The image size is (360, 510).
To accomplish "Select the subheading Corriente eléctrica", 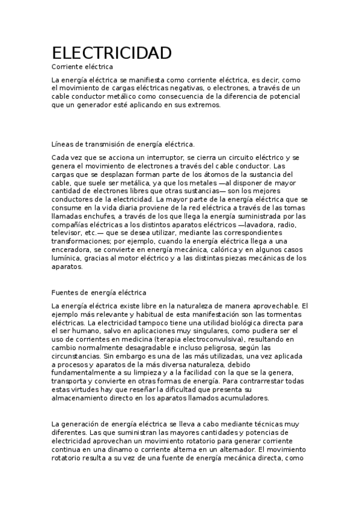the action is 82,67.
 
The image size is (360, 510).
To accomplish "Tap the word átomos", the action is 195,174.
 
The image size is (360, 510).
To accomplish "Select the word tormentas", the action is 288,315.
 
